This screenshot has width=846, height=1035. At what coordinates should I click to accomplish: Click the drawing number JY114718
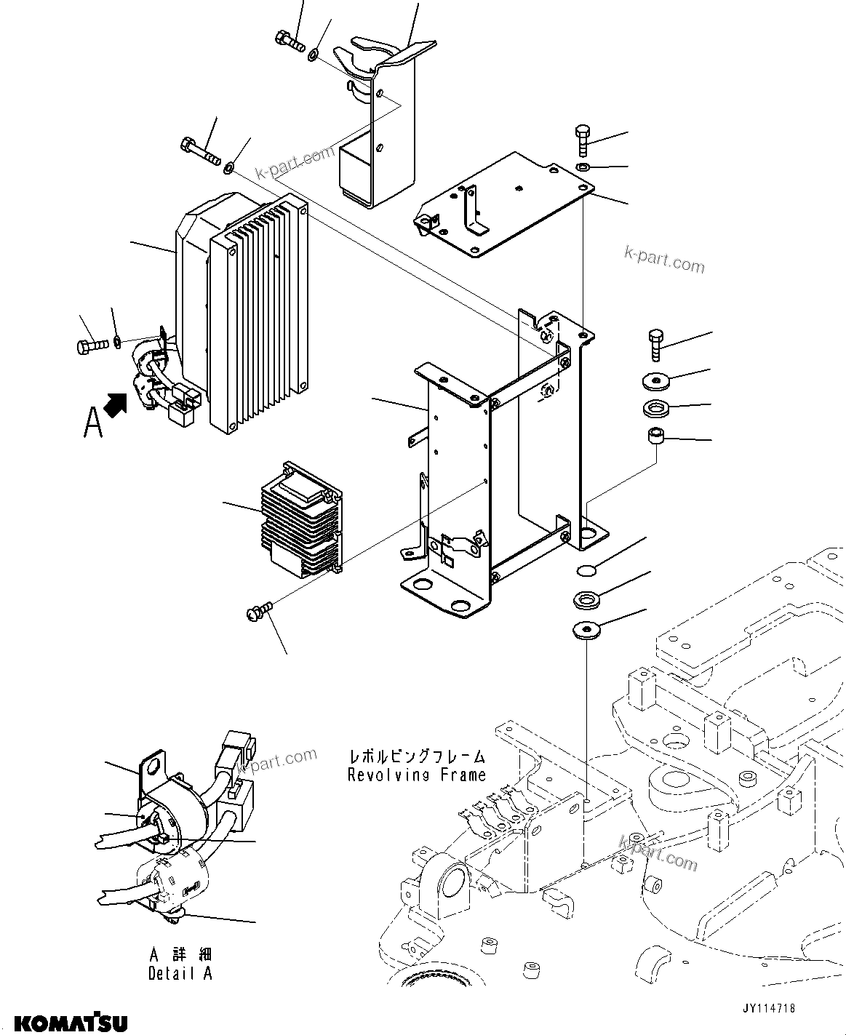point(768,1010)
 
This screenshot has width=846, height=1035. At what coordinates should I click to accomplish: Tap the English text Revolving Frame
point(416,775)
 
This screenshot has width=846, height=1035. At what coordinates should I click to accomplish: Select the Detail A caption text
point(180,973)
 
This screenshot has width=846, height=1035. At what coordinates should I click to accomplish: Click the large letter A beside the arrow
point(93,423)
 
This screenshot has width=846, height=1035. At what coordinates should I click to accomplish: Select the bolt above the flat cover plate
point(582,140)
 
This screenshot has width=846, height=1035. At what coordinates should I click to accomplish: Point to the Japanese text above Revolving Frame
point(416,757)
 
